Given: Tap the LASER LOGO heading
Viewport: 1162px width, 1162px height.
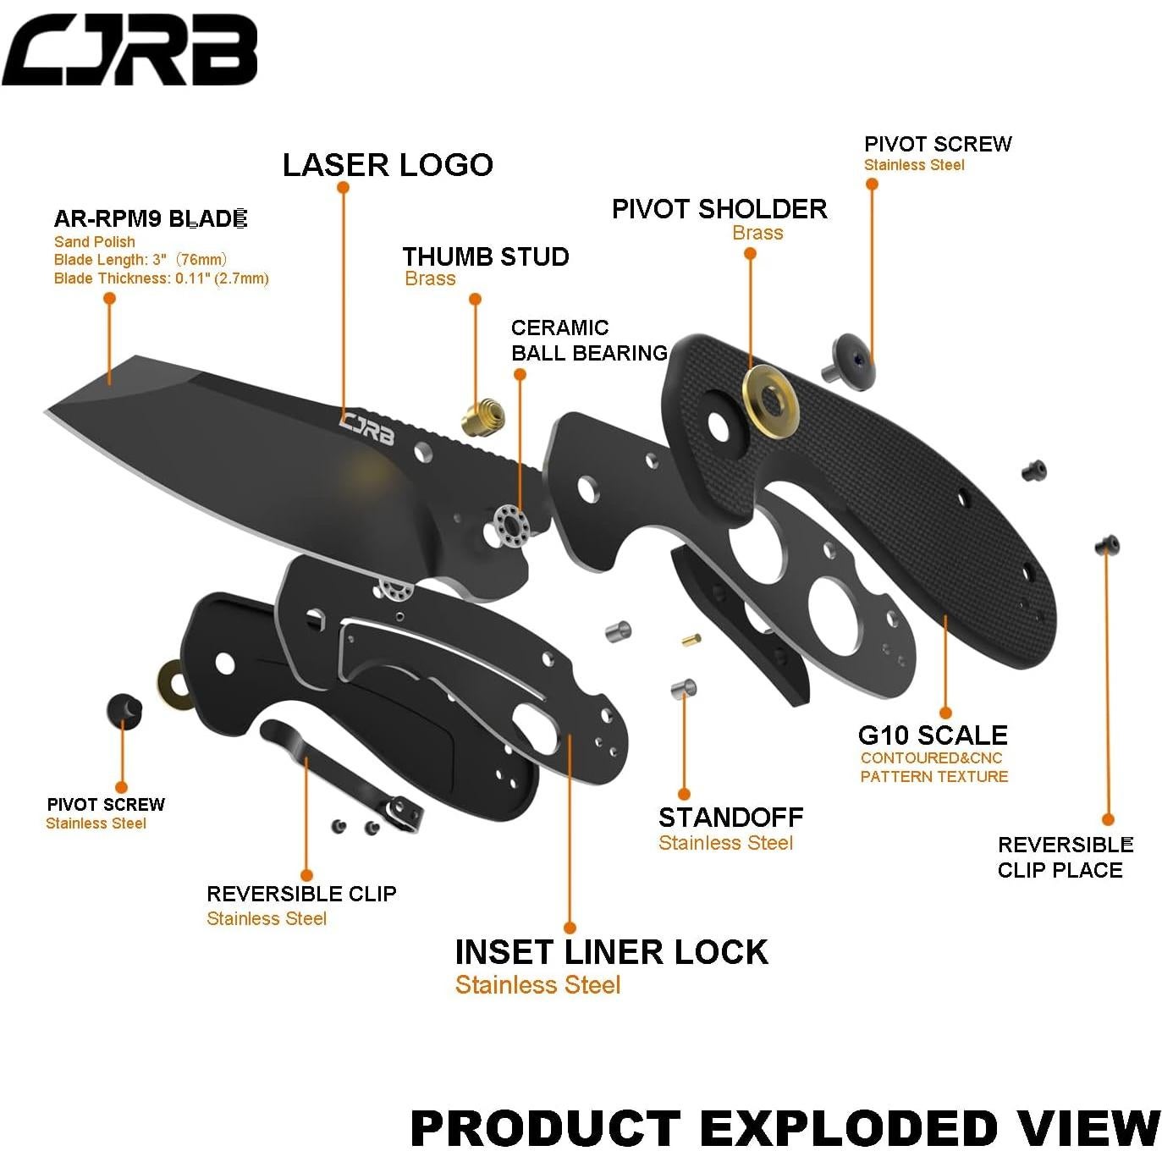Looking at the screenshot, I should [388, 165].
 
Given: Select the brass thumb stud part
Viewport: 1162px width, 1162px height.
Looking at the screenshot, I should [483, 416].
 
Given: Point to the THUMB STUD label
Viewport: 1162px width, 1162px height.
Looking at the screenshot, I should [485, 256].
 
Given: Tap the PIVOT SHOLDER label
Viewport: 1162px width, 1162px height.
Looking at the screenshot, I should [719, 209].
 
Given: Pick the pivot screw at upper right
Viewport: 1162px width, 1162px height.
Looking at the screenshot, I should [849, 361].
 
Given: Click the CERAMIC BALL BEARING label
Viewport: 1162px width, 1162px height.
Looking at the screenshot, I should [589, 340].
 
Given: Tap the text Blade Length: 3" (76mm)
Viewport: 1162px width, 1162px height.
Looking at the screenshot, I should [140, 260].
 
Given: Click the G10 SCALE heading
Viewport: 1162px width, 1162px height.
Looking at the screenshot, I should [933, 735].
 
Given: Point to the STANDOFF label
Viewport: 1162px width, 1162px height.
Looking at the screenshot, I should [730, 818].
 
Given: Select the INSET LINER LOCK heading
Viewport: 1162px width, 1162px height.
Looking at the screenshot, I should [611, 952].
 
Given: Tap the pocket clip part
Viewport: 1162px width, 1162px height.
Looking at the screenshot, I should [339, 770].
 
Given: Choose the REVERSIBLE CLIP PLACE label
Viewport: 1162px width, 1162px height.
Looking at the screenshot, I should [1064, 857].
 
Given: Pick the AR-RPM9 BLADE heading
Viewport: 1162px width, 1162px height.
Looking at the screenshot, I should [150, 219].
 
